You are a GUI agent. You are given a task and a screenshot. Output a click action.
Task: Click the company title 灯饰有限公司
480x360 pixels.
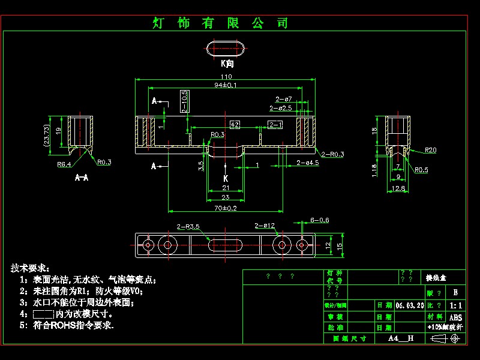[x=221, y=23]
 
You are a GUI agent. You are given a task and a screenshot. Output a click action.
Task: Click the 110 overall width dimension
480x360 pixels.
[x=226, y=77]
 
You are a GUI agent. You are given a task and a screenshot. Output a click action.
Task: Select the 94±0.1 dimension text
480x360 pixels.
[x=226, y=85]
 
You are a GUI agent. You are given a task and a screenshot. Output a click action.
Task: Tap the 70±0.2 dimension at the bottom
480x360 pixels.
[x=226, y=208]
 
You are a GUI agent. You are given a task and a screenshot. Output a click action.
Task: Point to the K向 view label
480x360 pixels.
[x=227, y=63]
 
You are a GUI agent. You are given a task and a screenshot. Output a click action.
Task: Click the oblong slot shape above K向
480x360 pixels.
[x=226, y=48]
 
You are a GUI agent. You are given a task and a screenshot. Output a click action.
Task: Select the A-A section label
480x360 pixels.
[x=82, y=178]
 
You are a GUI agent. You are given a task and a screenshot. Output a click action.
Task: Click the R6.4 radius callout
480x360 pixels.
[x=64, y=164]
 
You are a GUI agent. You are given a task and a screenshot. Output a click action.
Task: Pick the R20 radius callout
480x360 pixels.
[x=430, y=149]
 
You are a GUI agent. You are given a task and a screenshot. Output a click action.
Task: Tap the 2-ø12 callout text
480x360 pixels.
[x=265, y=226]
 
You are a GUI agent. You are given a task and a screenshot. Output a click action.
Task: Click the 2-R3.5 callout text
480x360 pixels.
[x=188, y=226]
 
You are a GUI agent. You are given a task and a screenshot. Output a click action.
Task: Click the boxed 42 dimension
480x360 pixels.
[x=235, y=124]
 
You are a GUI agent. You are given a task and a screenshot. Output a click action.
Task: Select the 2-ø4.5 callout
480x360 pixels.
[x=307, y=163]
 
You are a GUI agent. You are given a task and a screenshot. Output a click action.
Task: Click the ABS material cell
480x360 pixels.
[x=455, y=317]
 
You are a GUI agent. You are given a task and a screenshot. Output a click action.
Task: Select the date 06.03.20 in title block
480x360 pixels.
[x=409, y=305]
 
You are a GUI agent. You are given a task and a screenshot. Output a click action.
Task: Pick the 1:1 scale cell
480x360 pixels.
[x=455, y=305]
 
